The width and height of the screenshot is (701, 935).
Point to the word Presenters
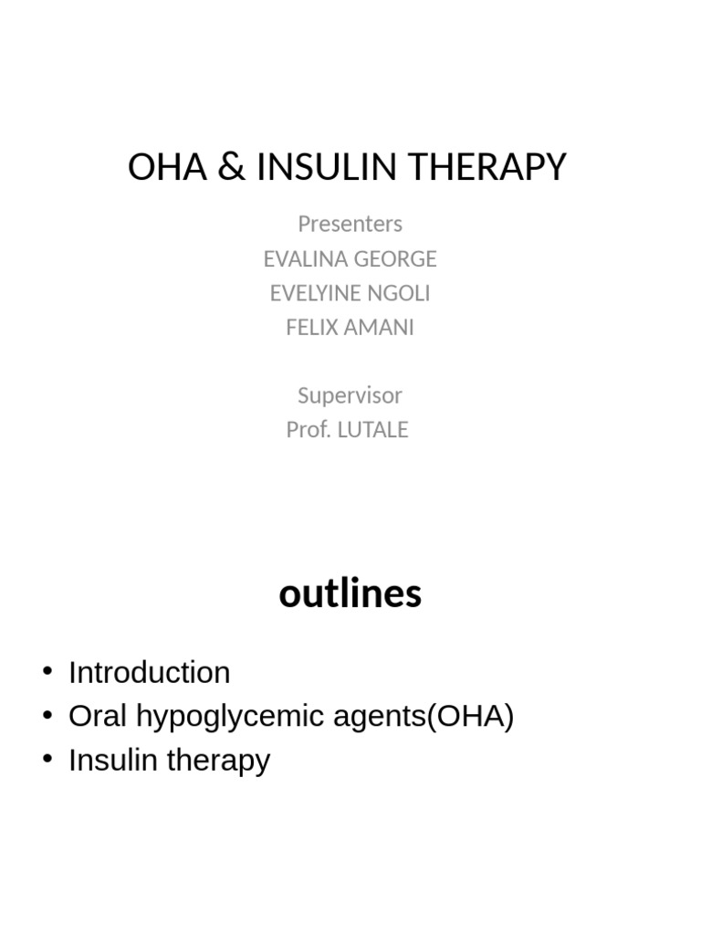pyautogui.click(x=350, y=224)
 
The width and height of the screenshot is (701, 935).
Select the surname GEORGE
pyautogui.click(x=396, y=259)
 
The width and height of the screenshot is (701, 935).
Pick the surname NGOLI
pyautogui.click(x=400, y=293)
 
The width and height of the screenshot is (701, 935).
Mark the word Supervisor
pyautogui.click(x=350, y=395)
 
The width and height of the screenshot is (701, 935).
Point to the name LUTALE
pyautogui.click(x=373, y=430)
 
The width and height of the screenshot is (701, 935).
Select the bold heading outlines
pyautogui.click(x=350, y=594)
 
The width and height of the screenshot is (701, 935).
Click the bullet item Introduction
pyautogui.click(x=149, y=673)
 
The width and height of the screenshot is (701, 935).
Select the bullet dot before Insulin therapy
pyautogui.click(x=47, y=760)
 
